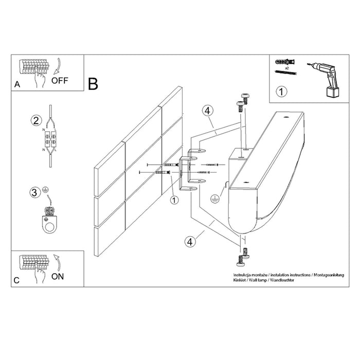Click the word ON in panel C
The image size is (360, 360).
pos(59,276)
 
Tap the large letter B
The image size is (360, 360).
pos(93,84)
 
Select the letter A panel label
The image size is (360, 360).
pos(16,85)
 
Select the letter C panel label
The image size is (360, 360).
pos(16,280)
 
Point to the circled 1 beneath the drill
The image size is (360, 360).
pos(281,93)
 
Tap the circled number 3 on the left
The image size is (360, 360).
pos(34,193)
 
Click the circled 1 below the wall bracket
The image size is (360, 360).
pos(174,200)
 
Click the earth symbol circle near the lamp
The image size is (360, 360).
pos(214,196)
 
